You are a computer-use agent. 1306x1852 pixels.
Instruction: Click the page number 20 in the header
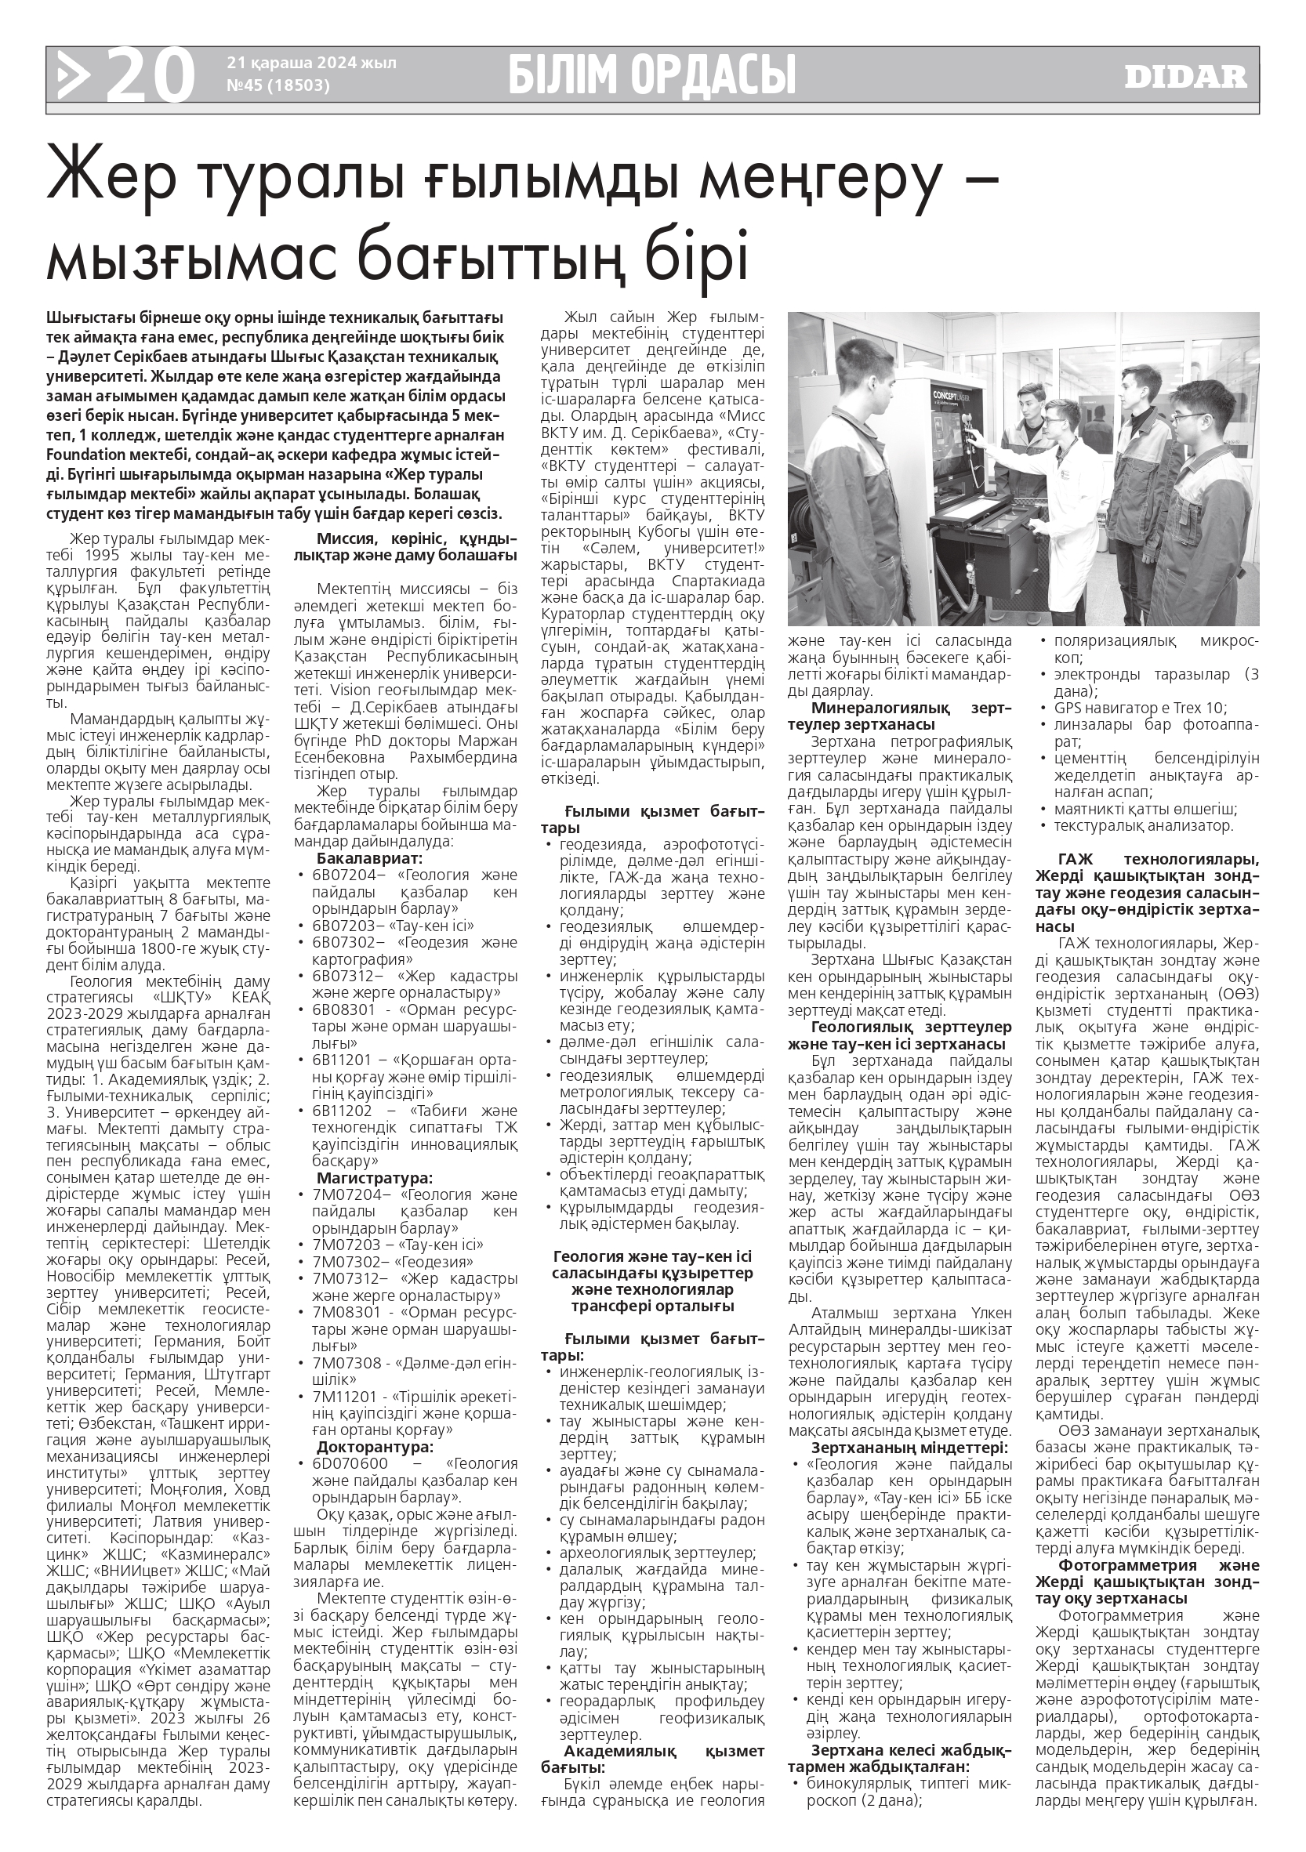[150, 76]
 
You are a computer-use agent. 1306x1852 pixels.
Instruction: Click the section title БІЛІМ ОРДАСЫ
[651, 75]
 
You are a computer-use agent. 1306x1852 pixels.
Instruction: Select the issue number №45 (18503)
[278, 85]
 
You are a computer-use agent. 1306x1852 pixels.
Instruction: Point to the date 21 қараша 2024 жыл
[311, 62]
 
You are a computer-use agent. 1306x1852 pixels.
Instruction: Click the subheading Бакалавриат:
[369, 857]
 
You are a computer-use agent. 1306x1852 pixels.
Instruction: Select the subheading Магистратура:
[374, 1178]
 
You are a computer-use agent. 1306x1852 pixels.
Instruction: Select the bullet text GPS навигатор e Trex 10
[1140, 708]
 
